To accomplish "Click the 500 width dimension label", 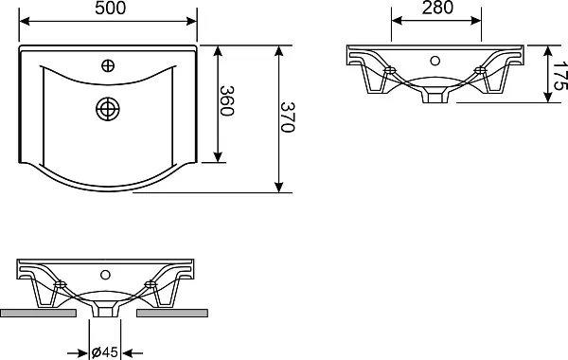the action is click(x=111, y=8).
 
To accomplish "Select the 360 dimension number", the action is click(x=227, y=100).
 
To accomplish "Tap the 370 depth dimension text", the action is click(x=287, y=117).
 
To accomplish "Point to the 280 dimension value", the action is click(x=437, y=8).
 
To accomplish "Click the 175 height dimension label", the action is click(x=560, y=76).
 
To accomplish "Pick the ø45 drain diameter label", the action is click(x=105, y=352).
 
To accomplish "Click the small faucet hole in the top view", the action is click(x=108, y=65).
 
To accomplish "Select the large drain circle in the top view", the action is click(x=108, y=109).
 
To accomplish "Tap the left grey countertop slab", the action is click(x=39, y=313).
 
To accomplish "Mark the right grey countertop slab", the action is click(x=172, y=313).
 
